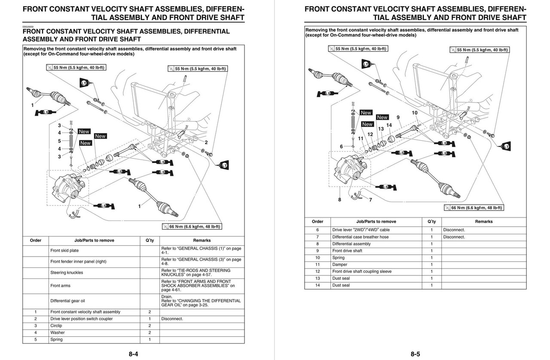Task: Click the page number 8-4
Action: coord(133,354)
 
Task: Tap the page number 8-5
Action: coord(415,354)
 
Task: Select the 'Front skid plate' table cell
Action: coord(64,250)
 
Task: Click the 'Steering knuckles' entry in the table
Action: coord(67,272)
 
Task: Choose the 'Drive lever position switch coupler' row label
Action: coord(81,319)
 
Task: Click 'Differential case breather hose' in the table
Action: coord(360,237)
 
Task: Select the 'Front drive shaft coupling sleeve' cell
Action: coord(362,271)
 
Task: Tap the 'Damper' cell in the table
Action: coord(339,264)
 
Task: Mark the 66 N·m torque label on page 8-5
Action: coord(474,208)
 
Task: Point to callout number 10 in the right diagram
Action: coord(414,113)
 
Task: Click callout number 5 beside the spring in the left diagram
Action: coord(59,141)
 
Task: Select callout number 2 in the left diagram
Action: coord(206,142)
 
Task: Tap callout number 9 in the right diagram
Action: coord(398,117)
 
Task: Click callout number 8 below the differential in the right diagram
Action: coord(339,200)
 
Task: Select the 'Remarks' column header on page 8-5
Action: coord(484,221)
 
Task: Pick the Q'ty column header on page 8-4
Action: coord(150,240)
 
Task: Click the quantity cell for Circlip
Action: coord(150,326)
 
